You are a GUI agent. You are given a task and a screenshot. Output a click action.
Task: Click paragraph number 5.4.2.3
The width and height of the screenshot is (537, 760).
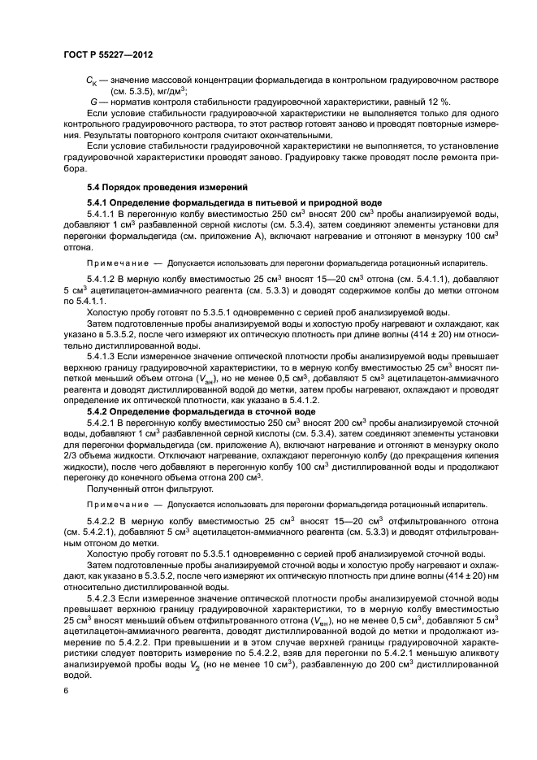coord(104,597)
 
